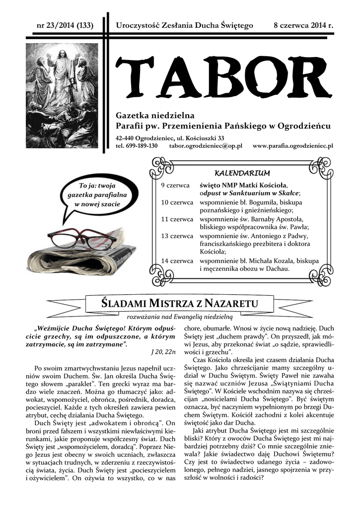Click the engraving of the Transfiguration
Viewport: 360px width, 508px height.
tap(62, 95)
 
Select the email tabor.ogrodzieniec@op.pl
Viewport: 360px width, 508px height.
tap(205, 146)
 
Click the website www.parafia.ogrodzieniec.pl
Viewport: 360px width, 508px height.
tap(292, 146)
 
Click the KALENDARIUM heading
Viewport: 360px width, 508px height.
tap(242, 173)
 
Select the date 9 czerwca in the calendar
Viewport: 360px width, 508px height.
tap(175, 185)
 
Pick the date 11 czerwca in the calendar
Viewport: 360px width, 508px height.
tap(177, 219)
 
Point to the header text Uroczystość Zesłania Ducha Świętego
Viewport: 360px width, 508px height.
tap(184, 25)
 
